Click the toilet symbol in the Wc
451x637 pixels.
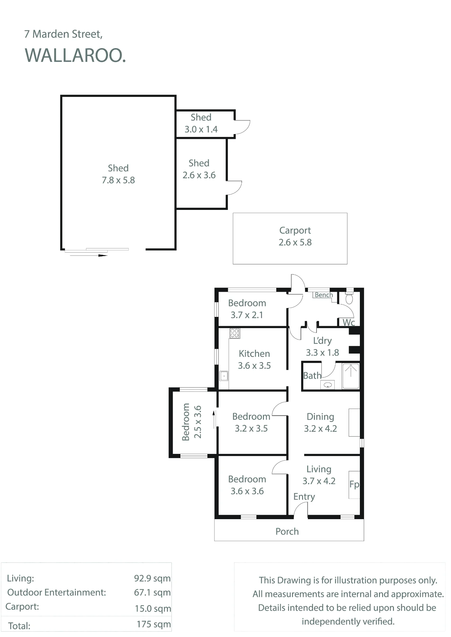(349, 297)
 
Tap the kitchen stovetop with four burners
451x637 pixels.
(235, 333)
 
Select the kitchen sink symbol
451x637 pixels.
(224, 376)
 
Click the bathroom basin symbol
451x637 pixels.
(328, 385)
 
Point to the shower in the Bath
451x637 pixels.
(351, 376)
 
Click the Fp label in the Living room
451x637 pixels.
(354, 484)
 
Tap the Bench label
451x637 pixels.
(324, 295)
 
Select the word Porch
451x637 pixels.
(287, 531)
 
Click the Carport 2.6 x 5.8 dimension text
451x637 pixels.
(295, 242)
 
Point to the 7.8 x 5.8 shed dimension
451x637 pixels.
(118, 180)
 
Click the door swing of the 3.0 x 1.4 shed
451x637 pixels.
(243, 127)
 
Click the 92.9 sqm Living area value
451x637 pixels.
(152, 578)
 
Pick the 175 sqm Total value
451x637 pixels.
(154, 624)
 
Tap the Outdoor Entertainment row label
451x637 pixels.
(56, 592)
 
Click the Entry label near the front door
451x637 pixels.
(304, 497)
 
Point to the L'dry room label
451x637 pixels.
(322, 341)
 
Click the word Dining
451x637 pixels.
(320, 417)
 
